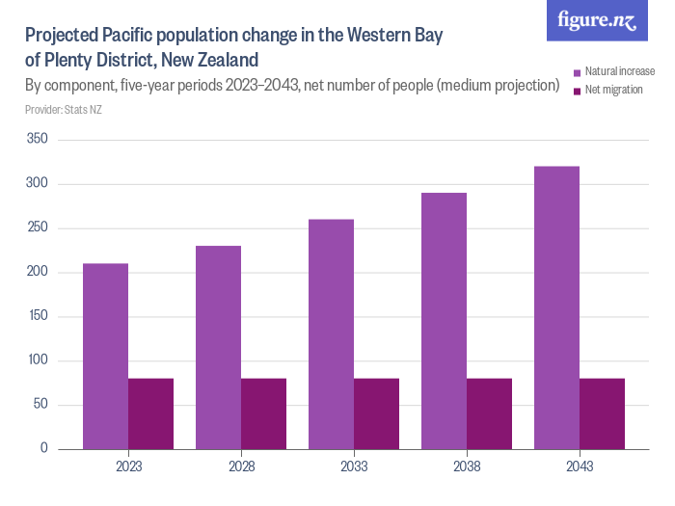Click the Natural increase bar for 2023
105,356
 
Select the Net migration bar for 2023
150,413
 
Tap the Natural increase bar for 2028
218,347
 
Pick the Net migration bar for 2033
376,413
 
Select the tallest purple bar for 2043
556,307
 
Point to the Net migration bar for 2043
602,413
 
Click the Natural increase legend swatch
577,72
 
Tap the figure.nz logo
597,20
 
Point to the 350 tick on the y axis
40,141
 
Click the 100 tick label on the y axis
40,360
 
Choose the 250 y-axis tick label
40,228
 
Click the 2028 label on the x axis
241,466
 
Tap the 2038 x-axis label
467,466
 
